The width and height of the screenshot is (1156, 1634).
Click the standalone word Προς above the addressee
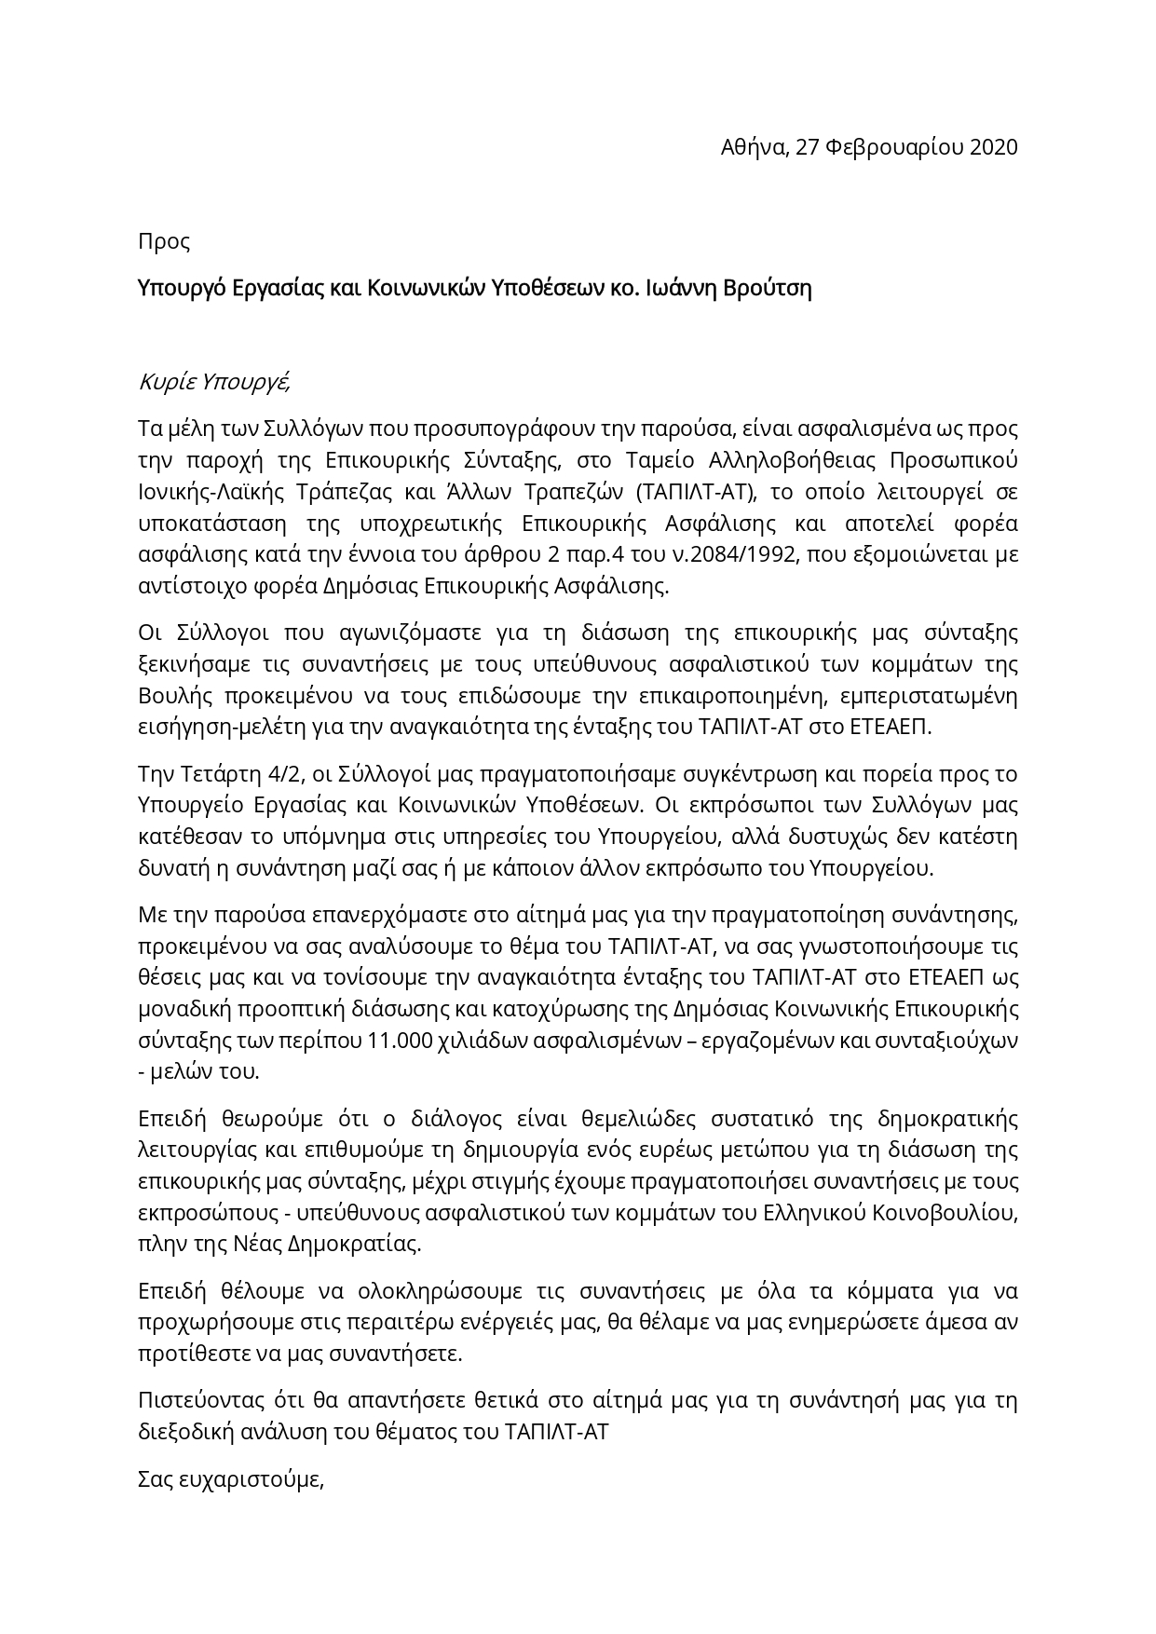pos(164,242)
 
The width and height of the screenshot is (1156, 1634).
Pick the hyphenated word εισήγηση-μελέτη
pos(208,728)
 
